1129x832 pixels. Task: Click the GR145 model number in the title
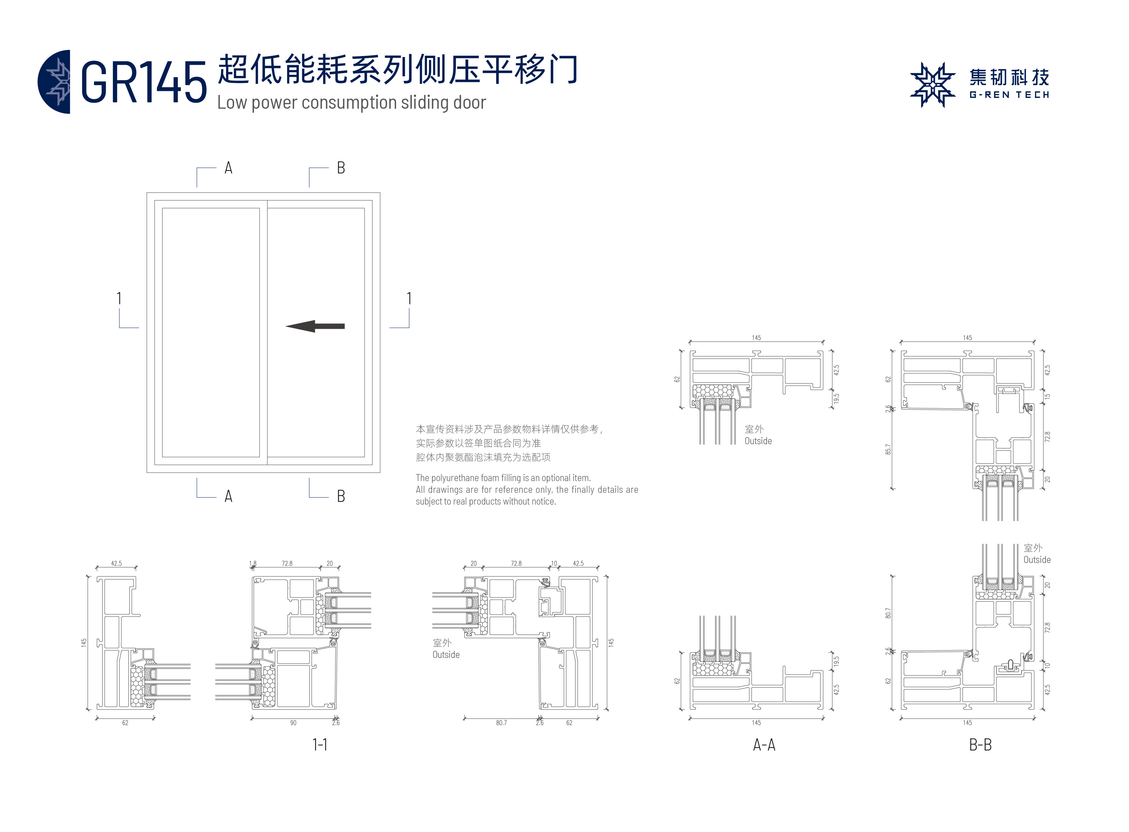144,82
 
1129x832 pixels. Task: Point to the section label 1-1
320,744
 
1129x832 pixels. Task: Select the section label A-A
764,744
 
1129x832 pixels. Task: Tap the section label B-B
980,744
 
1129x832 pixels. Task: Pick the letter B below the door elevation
341,496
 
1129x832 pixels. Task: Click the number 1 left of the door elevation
119,299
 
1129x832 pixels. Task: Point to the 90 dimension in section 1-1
293,723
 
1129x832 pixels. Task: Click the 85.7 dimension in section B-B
888,449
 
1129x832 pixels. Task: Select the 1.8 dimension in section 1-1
253,564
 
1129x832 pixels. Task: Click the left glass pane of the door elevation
211,332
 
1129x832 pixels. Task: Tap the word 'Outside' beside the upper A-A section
758,441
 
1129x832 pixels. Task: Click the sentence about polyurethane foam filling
503,477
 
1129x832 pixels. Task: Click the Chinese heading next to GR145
398,69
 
